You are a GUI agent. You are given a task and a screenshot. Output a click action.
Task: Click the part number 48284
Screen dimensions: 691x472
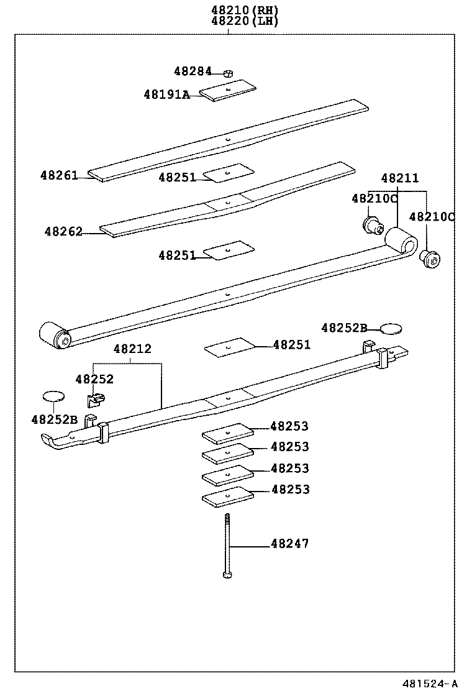tap(193, 71)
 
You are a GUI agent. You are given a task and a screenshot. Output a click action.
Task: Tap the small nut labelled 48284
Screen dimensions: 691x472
tap(228, 73)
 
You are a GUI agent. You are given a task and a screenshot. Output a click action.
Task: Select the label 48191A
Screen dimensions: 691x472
tap(166, 94)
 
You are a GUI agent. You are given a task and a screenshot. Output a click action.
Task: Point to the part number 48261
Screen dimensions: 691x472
tap(59, 175)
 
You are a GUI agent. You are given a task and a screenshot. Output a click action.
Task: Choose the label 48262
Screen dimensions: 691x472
tap(63, 231)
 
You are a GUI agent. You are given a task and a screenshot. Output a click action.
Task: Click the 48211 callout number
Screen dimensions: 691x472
tap(399, 178)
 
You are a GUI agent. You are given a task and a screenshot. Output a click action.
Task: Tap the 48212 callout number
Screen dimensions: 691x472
tap(132, 349)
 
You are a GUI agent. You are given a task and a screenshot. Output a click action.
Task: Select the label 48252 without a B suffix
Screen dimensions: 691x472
tap(94, 379)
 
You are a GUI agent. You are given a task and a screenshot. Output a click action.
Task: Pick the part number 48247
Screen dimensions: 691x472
tap(289, 544)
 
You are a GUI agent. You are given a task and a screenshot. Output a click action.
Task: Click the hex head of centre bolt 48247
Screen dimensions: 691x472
tap(227, 575)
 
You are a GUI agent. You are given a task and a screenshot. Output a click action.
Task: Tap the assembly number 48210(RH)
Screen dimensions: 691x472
tap(235, 10)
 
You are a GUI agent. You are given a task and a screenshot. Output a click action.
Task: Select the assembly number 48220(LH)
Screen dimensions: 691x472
tap(235, 21)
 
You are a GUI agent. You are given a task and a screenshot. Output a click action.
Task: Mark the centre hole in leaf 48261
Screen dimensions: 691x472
tap(228, 140)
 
